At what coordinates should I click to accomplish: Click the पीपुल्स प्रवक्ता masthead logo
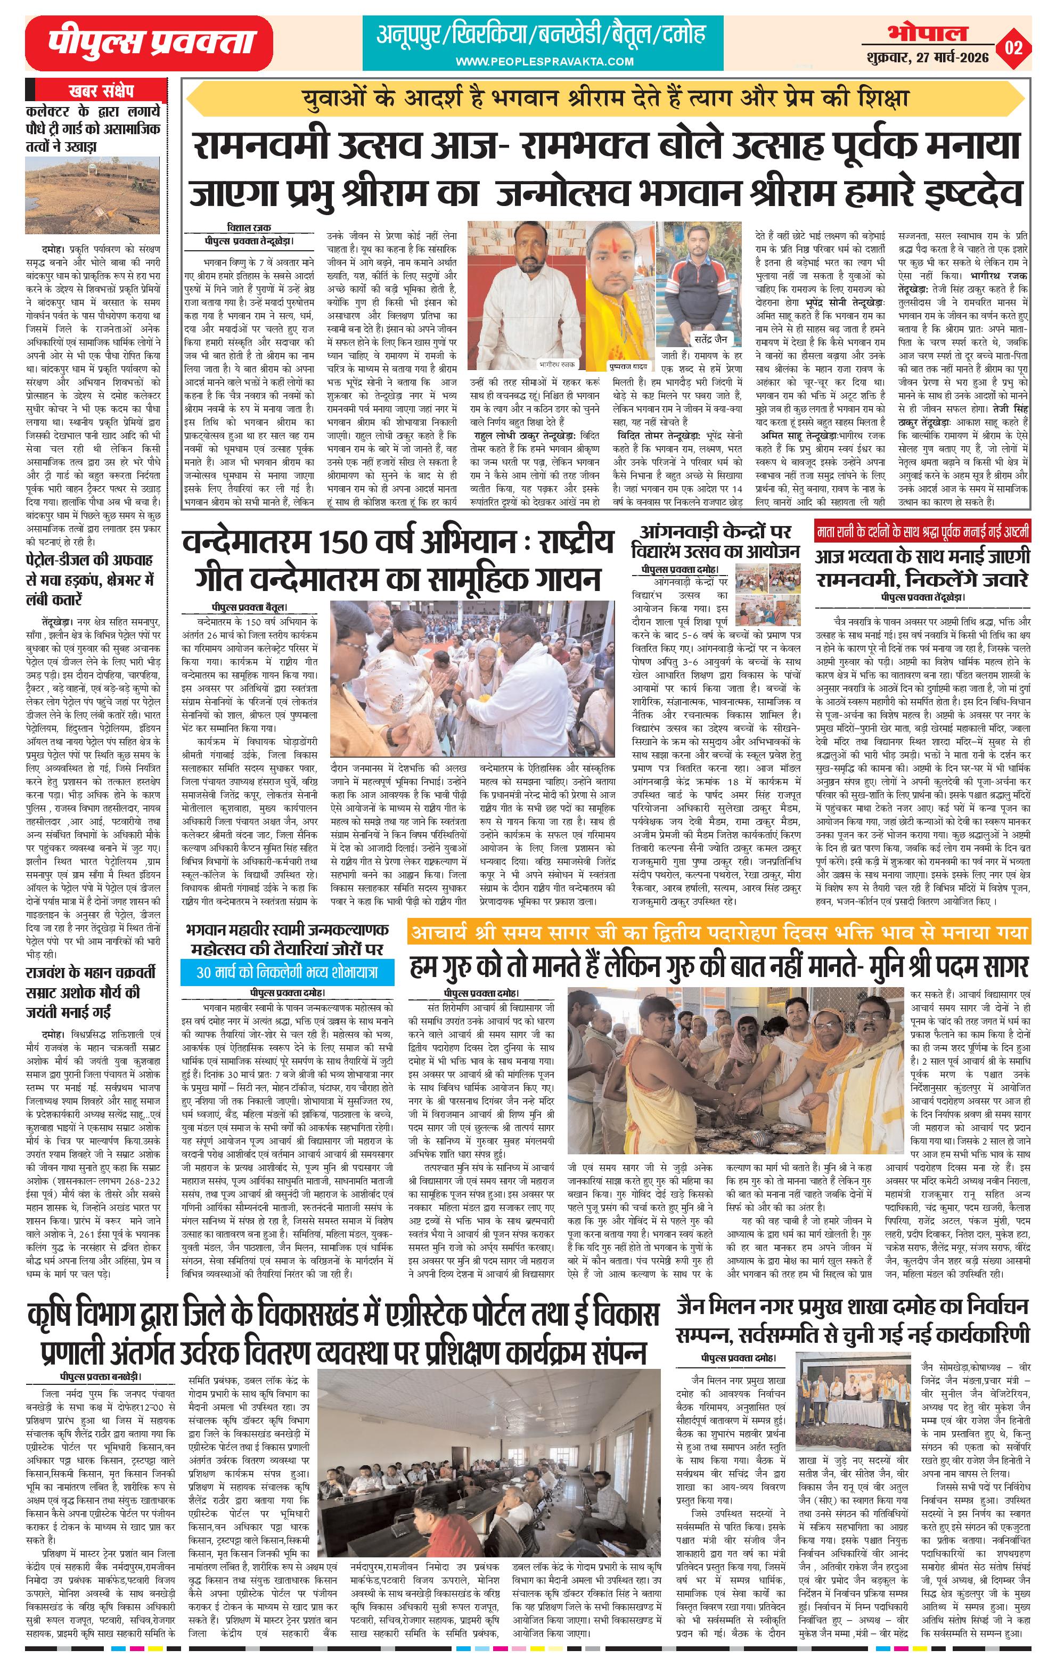point(149,43)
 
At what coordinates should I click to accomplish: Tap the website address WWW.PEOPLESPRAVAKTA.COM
point(544,62)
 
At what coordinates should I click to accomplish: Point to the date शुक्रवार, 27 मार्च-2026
point(927,58)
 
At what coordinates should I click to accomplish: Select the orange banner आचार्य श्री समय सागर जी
point(719,933)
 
